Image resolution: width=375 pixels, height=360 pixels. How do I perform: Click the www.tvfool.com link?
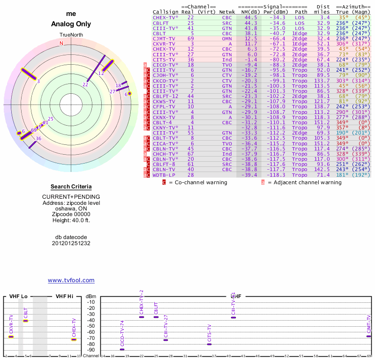71,280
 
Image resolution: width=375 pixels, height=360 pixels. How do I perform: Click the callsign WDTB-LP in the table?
164,175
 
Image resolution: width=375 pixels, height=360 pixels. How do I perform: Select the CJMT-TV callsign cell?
164,38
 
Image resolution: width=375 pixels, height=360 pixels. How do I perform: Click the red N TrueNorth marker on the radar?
61,43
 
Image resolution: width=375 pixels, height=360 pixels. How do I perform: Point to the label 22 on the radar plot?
85,84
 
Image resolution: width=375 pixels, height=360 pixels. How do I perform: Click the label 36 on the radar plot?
38,138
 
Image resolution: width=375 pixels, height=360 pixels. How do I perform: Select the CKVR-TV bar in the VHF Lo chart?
11,337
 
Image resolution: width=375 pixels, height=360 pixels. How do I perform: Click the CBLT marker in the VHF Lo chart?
26,321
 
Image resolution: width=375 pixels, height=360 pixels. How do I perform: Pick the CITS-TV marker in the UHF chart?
209,344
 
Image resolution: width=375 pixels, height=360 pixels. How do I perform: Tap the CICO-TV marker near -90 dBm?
122,349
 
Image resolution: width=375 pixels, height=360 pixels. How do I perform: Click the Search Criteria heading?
71,187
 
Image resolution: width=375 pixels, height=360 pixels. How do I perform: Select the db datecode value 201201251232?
71,243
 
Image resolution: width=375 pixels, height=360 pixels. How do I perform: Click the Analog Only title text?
71,24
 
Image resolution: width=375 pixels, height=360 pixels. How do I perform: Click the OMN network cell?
227,38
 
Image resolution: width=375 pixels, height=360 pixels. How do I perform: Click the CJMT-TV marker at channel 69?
369,336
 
